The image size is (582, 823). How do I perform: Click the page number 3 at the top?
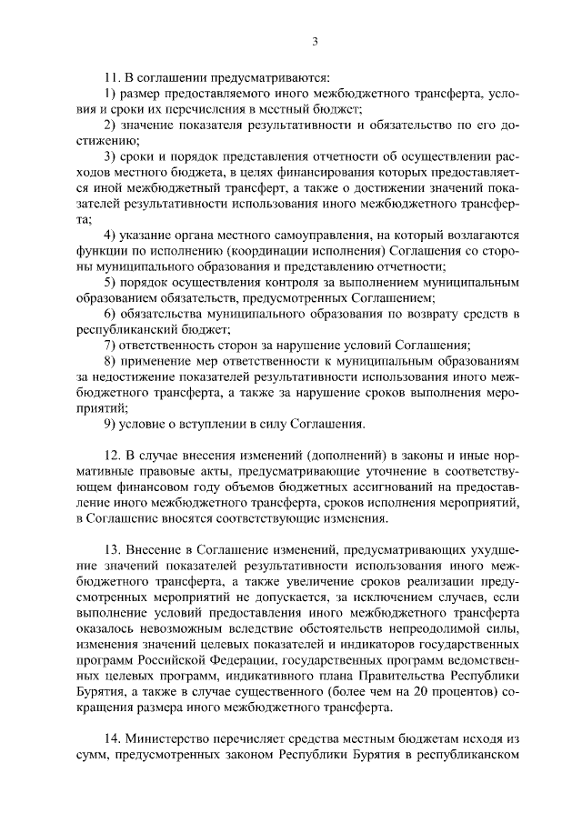point(315,41)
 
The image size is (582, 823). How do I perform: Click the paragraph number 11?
point(111,77)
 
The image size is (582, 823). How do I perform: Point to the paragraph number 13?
point(111,550)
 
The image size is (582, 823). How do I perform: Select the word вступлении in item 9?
point(202,423)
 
